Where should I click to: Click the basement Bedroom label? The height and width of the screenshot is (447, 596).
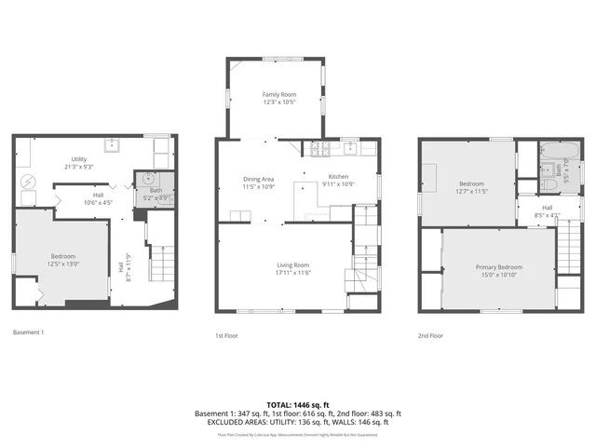click(x=62, y=256)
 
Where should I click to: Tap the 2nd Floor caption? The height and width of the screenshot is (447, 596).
click(x=430, y=335)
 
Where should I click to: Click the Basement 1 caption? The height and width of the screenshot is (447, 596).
click(x=29, y=332)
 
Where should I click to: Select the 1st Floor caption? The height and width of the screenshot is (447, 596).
click(x=227, y=335)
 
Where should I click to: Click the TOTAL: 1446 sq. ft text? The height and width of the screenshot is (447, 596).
click(x=298, y=405)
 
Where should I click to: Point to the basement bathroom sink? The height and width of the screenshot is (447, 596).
click(x=147, y=180)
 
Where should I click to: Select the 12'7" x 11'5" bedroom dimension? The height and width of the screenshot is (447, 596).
click(x=467, y=190)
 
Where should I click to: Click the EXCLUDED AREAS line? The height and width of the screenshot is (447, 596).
click(x=298, y=422)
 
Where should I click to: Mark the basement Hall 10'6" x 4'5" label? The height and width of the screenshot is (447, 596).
click(x=98, y=198)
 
